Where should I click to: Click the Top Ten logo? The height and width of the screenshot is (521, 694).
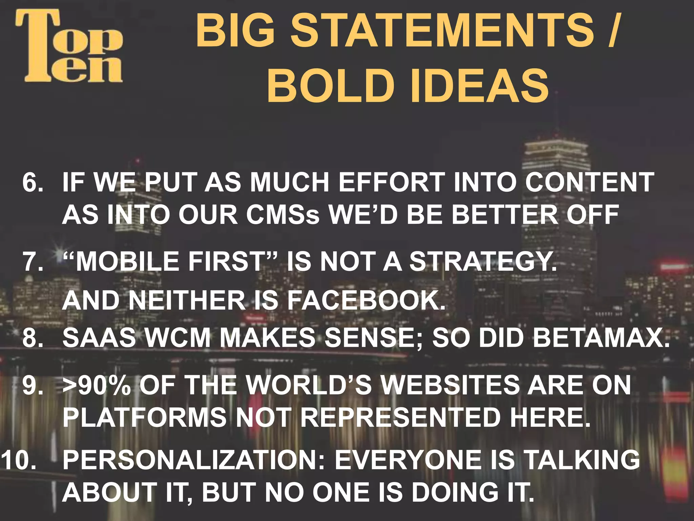tap(69, 46)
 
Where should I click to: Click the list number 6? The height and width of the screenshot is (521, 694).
tap(33, 182)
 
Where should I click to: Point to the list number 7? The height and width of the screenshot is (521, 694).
tap(33, 262)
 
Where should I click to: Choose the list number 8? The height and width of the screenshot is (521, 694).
tap(33, 338)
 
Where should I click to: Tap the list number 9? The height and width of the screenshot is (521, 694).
tap(33, 385)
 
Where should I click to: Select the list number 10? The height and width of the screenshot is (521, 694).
tap(19, 460)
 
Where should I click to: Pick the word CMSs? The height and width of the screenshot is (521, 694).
tap(283, 215)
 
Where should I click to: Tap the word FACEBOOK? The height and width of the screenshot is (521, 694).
tap(366, 301)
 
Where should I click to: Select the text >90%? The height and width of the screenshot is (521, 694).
tap(97, 385)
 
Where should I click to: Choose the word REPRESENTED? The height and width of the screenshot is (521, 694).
tap(400, 417)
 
